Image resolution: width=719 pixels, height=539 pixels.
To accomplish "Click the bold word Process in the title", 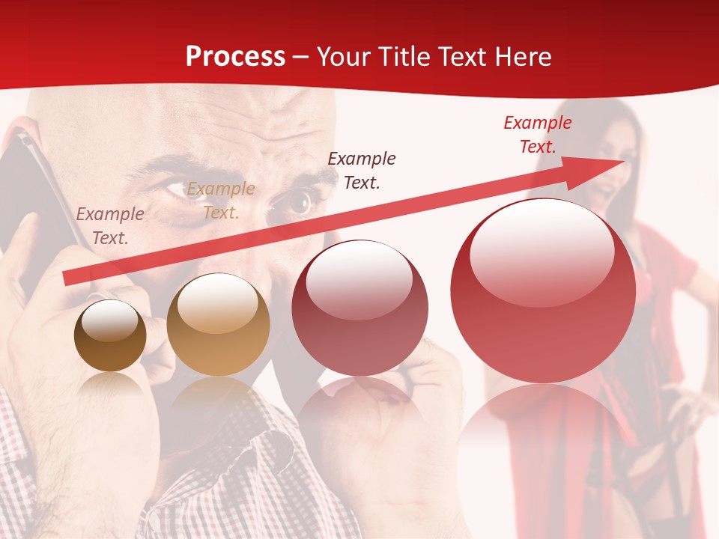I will point(235,57).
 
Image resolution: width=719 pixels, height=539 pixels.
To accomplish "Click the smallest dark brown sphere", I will point(110,335).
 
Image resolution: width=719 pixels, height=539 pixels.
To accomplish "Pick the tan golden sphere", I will point(218,325).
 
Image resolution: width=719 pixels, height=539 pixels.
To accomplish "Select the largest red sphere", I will point(543,290).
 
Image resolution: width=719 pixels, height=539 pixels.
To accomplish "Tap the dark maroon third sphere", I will point(359,308).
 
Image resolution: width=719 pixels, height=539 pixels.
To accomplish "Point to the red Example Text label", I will point(537,135).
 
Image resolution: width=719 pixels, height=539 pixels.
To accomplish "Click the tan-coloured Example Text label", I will point(220,201).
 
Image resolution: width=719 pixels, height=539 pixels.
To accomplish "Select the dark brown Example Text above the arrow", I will point(362,170).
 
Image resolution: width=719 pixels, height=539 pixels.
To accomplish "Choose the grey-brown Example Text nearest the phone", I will point(110,226).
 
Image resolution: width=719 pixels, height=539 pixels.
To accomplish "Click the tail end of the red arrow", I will point(69,278).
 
